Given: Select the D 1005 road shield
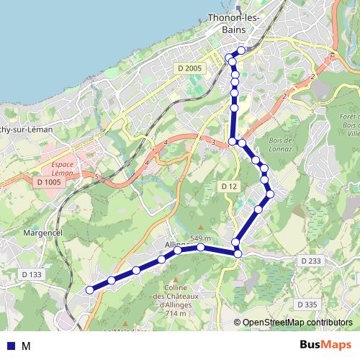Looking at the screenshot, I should (x=50, y=182).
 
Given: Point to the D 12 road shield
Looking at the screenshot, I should (x=229, y=186).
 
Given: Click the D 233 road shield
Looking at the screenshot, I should (x=310, y=260).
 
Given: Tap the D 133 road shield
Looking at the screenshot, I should (x=32, y=274).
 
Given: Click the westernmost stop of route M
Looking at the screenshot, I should (x=90, y=290).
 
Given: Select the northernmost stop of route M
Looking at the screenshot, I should (x=241, y=50).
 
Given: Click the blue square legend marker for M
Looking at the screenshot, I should (x=10, y=346).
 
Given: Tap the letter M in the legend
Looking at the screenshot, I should (x=26, y=346).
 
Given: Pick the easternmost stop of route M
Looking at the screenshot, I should (x=270, y=194).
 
